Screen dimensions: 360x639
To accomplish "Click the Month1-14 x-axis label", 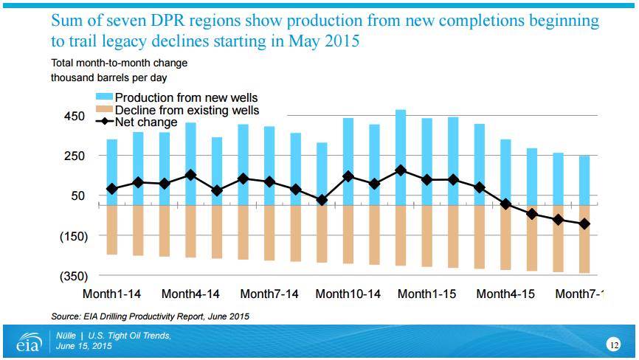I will click(111, 294).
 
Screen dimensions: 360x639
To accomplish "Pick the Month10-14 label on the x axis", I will click(348, 294).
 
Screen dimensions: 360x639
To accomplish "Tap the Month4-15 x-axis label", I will click(505, 294).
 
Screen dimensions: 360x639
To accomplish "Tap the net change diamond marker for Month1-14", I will click(112, 189).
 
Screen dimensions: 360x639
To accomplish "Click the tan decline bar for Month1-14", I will click(112, 229).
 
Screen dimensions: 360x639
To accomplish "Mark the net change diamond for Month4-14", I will click(190, 175).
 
